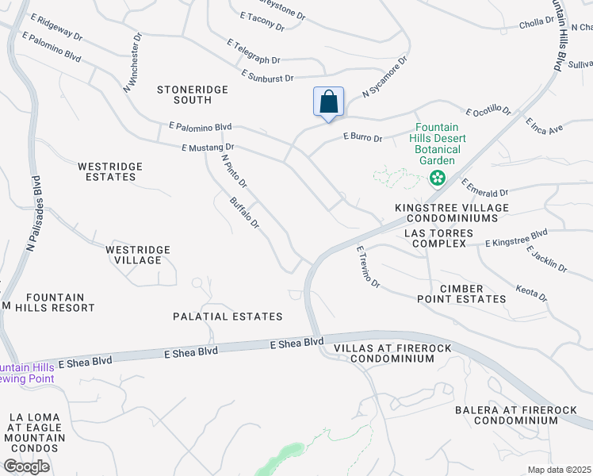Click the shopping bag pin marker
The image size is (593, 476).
(x=328, y=103)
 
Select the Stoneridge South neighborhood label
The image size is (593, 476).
(x=193, y=95)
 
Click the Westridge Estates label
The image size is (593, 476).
(x=110, y=171)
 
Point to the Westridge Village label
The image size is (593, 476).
(x=138, y=255)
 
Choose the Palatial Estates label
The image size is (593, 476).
(x=228, y=317)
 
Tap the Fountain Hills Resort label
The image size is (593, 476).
(x=48, y=301)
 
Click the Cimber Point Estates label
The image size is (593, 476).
(x=462, y=293)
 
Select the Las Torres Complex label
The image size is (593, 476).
(x=438, y=238)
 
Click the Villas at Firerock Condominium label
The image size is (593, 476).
(x=384, y=353)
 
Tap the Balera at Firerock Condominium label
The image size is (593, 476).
(x=516, y=414)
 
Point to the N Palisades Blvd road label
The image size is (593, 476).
(x=32, y=214)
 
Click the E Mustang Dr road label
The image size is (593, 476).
(x=208, y=148)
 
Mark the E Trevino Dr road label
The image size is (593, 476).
(x=368, y=267)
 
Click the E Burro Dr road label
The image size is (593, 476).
(x=362, y=138)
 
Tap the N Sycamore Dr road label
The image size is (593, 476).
(x=384, y=77)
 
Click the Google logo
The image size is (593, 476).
(x=26, y=466)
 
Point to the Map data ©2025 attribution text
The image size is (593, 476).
(x=558, y=470)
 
